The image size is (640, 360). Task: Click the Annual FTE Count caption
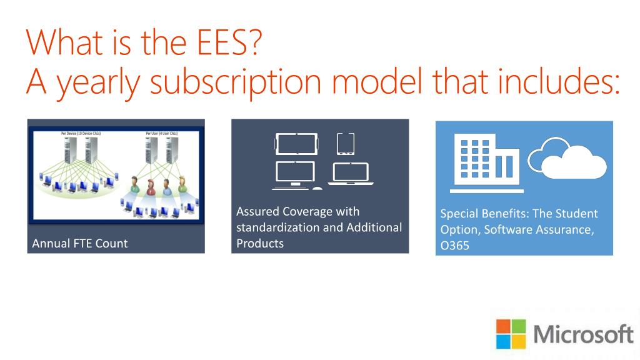click(x=79, y=243)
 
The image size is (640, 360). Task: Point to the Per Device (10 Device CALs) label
click(x=80, y=134)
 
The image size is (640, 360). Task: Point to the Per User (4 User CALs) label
click(x=161, y=134)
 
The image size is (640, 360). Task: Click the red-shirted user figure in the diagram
click(x=151, y=186)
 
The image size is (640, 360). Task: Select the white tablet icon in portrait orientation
click(x=346, y=144)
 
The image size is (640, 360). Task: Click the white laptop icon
click(x=351, y=175)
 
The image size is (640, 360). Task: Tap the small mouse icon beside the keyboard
click(x=317, y=188)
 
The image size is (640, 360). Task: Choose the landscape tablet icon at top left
click(x=296, y=144)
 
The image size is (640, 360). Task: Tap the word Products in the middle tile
click(x=260, y=243)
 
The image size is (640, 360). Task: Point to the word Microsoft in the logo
click(x=584, y=334)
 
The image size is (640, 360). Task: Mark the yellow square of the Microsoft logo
click(x=520, y=342)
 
